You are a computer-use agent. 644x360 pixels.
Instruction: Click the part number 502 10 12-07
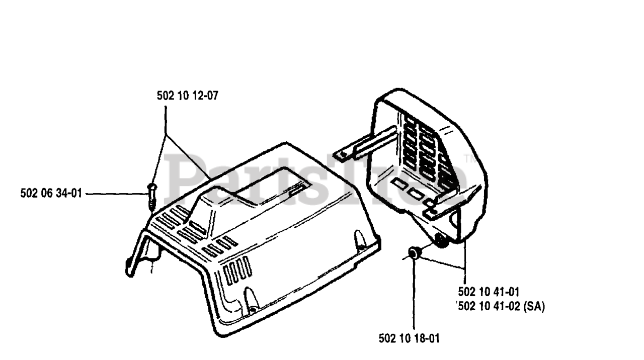(x=187, y=96)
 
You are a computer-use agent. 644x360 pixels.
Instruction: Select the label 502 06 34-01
(x=51, y=193)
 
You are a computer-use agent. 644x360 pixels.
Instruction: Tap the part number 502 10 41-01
(x=489, y=292)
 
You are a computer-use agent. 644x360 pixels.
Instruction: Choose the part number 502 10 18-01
(x=409, y=339)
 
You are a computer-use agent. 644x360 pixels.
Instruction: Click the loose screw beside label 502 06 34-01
(x=152, y=195)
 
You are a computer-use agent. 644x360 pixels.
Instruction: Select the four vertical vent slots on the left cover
(x=237, y=269)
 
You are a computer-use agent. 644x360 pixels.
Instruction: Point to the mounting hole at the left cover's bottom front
(x=250, y=303)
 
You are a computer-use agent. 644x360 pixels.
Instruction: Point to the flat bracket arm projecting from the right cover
(x=367, y=143)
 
